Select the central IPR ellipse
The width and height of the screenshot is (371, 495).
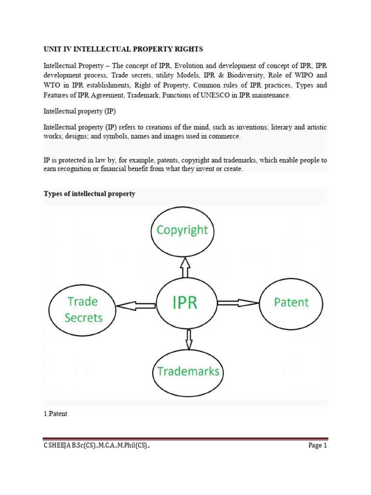(x=185, y=304)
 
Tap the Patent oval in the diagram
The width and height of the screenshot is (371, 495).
(x=291, y=304)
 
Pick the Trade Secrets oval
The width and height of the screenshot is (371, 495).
(x=83, y=310)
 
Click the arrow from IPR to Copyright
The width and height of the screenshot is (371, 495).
(x=185, y=267)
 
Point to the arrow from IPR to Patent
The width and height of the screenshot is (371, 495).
(x=238, y=303)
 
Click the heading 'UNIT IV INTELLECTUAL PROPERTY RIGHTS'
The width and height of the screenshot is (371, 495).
(x=124, y=49)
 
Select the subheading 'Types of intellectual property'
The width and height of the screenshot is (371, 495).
(x=89, y=194)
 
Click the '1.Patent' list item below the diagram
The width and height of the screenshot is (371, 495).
(x=56, y=414)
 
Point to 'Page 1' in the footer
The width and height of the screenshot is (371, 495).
(x=318, y=446)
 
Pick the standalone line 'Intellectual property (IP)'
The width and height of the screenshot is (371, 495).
(x=80, y=111)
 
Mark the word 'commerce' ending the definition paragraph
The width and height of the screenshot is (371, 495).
(x=225, y=137)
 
